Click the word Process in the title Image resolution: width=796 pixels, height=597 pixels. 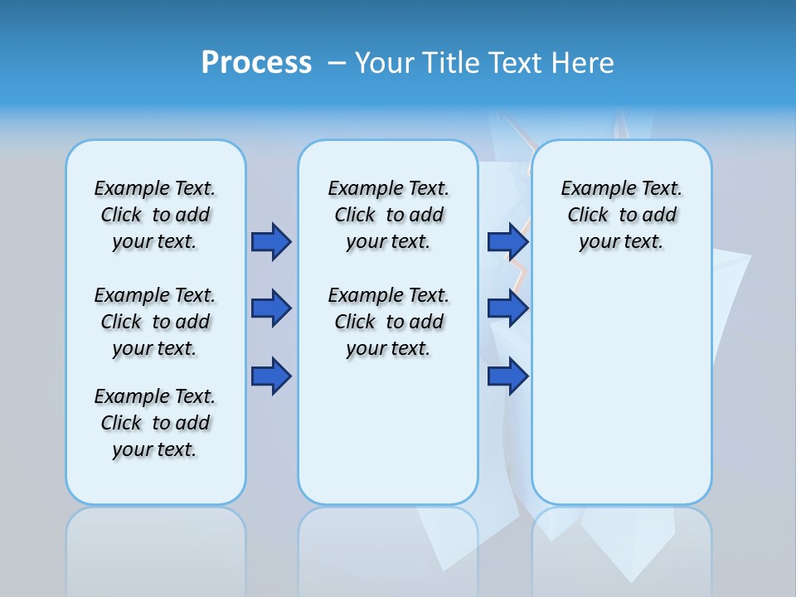pos(256,63)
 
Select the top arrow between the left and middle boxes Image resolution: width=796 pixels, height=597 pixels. pos(271,241)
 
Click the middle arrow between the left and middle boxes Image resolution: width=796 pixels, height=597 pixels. pos(271,308)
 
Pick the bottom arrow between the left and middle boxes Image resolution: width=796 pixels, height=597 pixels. pos(271,376)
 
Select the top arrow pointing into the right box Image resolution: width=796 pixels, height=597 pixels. pos(507,241)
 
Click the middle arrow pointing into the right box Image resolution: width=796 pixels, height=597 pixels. pos(507,308)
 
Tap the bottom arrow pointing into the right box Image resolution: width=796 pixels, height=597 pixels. pos(507,376)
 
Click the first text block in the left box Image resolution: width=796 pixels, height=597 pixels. pos(155,215)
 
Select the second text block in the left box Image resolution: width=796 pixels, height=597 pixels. pos(155,322)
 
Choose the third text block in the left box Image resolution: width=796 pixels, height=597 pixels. pos(155,423)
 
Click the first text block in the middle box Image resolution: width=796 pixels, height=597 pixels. pos(388,215)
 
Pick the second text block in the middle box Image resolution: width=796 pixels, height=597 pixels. pos(388,322)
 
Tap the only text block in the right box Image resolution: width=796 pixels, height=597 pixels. pos(621,215)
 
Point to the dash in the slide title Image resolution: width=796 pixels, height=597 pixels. pos(337,63)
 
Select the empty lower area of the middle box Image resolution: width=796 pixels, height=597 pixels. pos(388,431)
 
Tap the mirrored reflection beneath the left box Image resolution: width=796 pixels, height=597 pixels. pos(156,547)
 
